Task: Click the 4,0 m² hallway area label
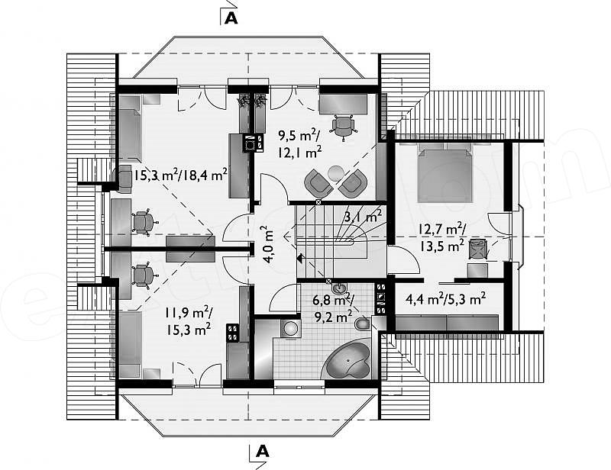pyautogui.click(x=269, y=245)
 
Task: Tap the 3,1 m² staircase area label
pyautogui.click(x=362, y=216)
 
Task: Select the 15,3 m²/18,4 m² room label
pyautogui.click(x=180, y=175)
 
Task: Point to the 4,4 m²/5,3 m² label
pyautogui.click(x=445, y=299)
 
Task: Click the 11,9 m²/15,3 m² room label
pyautogui.click(x=188, y=321)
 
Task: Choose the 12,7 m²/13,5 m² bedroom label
pyautogui.click(x=442, y=237)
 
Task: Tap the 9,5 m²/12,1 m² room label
pyautogui.click(x=299, y=143)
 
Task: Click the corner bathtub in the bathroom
pyautogui.click(x=348, y=359)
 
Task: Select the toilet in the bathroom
pyautogui.click(x=362, y=324)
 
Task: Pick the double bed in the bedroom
pyautogui.click(x=445, y=172)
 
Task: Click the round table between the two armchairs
pyautogui.click(x=335, y=173)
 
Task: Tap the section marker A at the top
pyautogui.click(x=231, y=18)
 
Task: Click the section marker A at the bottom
pyautogui.click(x=263, y=451)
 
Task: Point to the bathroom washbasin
pyautogui.click(x=339, y=288)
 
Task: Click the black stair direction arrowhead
pyautogui.click(x=299, y=257)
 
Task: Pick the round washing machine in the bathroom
pyautogui.click(x=291, y=329)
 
